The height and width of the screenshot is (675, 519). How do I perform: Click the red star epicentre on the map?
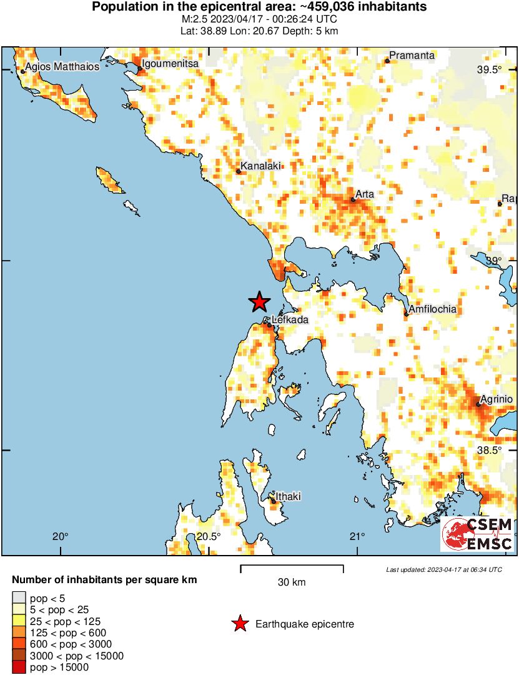[259, 302]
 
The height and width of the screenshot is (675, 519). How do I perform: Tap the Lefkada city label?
[290, 320]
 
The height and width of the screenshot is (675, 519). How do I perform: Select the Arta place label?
[365, 194]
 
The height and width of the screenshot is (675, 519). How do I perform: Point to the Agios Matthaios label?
[62, 66]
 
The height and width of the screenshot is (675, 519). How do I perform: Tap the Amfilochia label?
[433, 309]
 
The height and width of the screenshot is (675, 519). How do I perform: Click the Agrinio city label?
[496, 399]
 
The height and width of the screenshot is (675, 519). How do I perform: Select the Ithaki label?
[288, 497]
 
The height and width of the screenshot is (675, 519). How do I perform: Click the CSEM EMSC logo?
[478, 534]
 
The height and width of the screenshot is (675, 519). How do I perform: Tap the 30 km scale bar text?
[292, 582]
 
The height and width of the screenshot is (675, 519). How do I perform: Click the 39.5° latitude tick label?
[490, 70]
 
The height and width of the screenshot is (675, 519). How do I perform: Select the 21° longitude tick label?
[357, 536]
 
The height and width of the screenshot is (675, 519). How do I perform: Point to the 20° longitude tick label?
[60, 536]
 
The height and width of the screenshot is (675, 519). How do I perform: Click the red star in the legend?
[239, 624]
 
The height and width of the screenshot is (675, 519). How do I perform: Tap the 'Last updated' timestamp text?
[443, 569]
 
